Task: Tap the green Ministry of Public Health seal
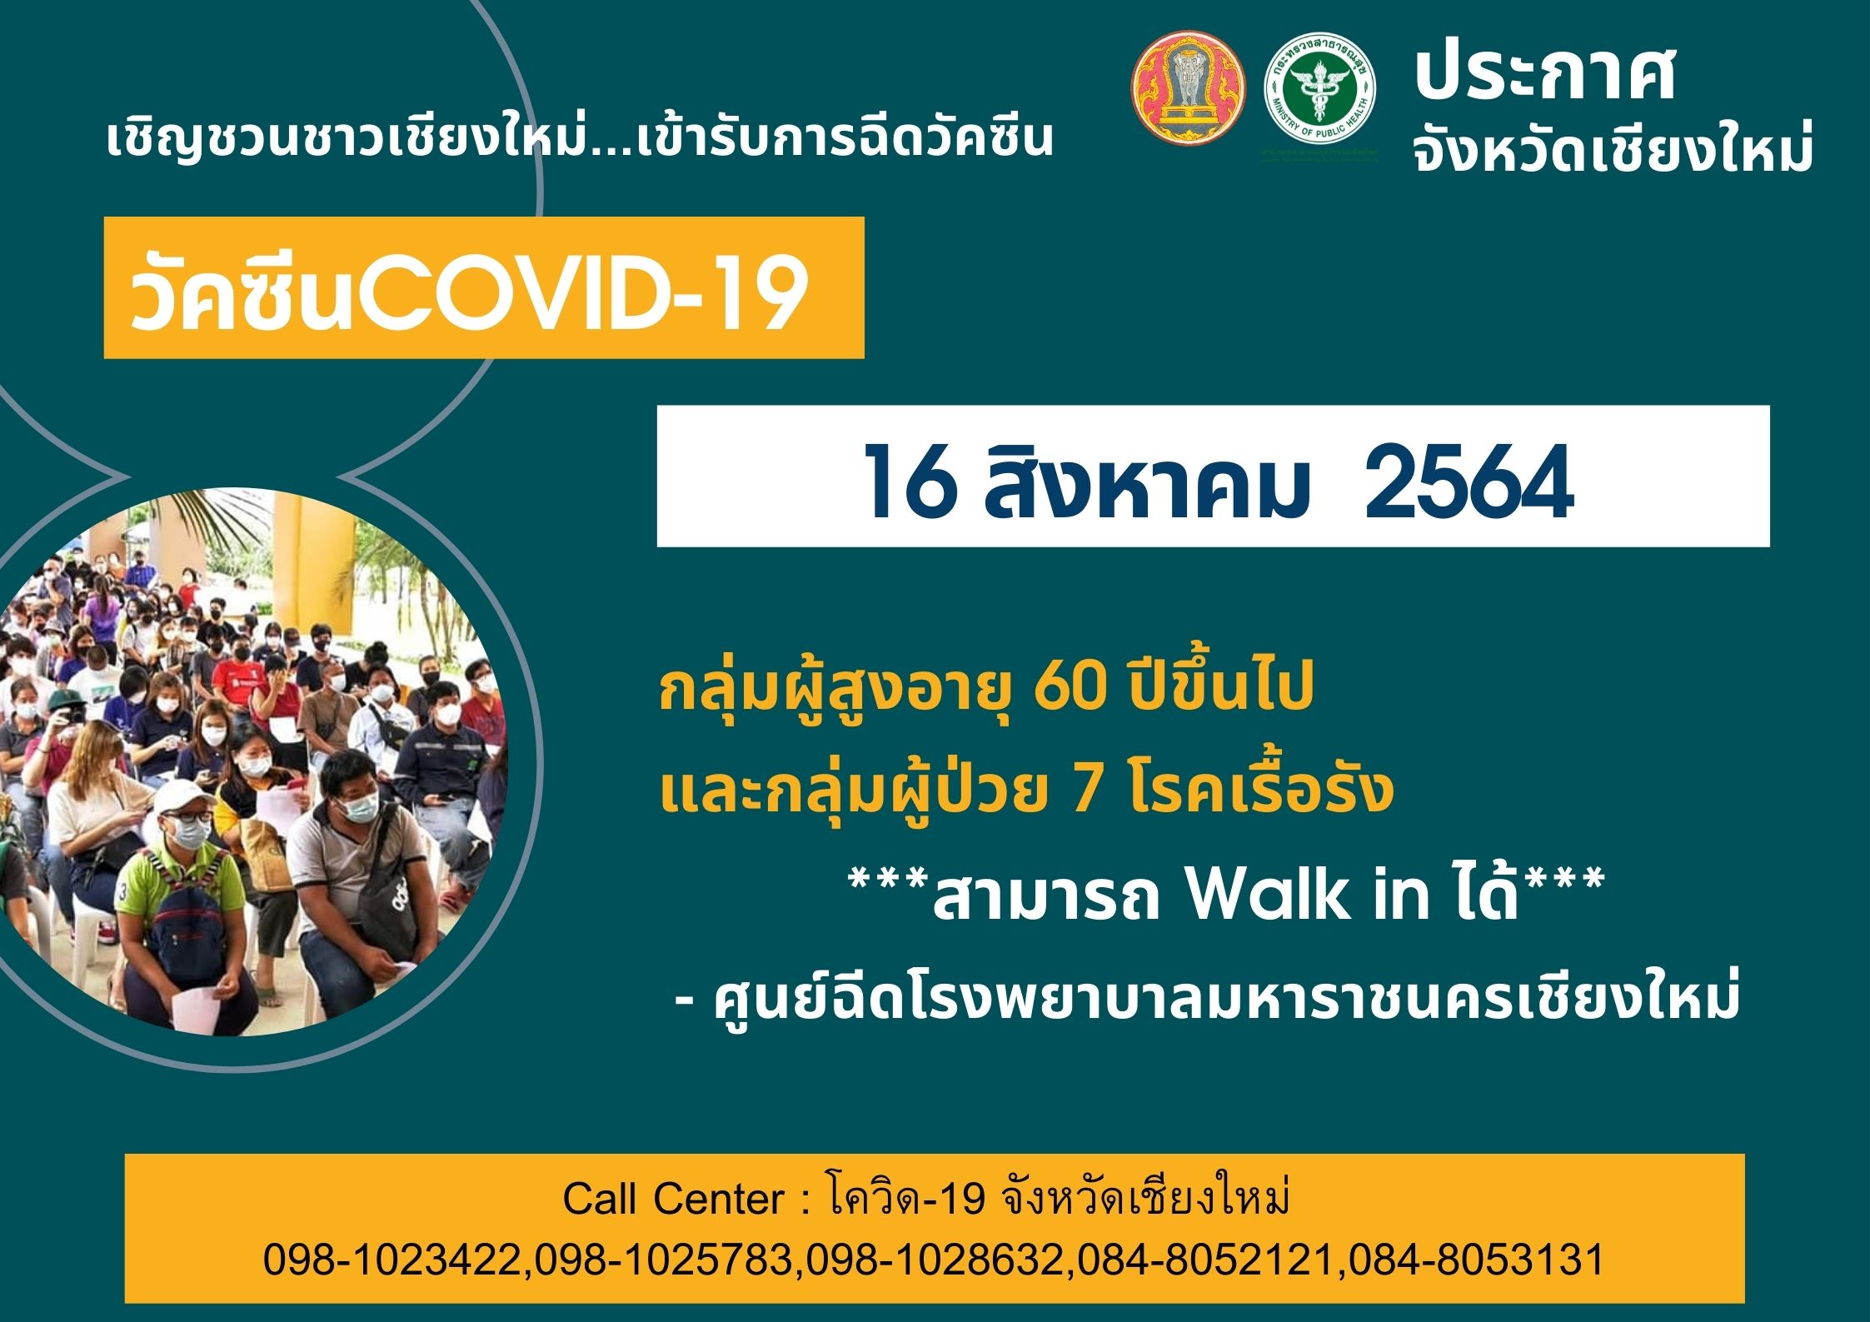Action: (x=1320, y=92)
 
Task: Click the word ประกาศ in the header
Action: (x=1545, y=74)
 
